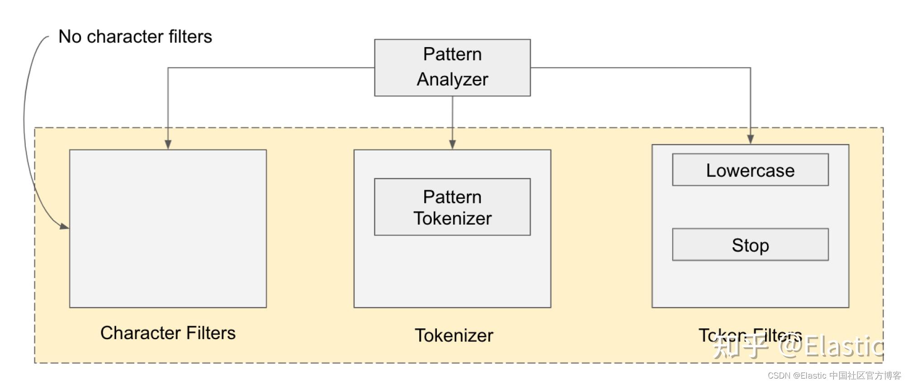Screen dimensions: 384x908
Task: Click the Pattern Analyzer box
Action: (452, 67)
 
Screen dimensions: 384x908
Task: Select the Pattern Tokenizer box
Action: (452, 207)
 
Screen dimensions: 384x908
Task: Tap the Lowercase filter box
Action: (750, 170)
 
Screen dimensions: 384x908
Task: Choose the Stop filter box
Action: (750, 245)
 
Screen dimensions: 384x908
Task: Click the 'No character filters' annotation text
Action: (135, 37)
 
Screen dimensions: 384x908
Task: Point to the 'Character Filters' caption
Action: (168, 333)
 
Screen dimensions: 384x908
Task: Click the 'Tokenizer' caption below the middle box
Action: (454, 336)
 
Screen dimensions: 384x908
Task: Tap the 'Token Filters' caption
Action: (750, 336)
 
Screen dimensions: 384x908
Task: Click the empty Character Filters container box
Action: (168, 229)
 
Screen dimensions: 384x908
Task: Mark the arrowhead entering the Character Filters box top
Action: (168, 144)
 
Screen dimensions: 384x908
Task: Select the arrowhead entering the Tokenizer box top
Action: (452, 144)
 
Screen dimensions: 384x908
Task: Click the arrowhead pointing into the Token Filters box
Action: (750, 139)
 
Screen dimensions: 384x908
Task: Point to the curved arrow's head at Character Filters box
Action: (64, 226)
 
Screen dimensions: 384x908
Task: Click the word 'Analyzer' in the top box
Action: (452, 79)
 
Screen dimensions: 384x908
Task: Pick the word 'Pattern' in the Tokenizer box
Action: (452, 197)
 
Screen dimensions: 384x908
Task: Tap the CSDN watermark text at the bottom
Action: (834, 375)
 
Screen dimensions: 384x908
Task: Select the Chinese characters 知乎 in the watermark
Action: (740, 347)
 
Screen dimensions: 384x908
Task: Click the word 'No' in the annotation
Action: (70, 37)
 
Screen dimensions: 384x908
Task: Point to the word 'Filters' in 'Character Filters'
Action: (211, 333)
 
